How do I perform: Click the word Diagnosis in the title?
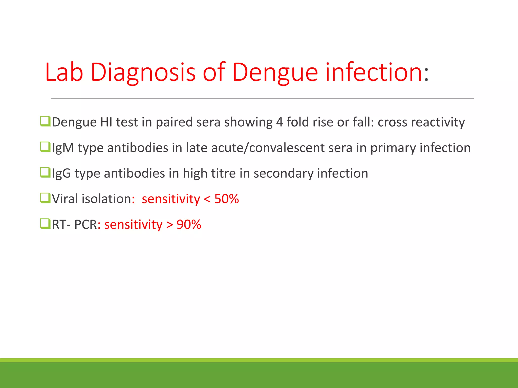pyautogui.click(x=143, y=72)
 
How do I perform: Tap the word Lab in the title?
pyautogui.click(x=64, y=72)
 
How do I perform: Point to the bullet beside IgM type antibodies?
pyautogui.click(x=45, y=147)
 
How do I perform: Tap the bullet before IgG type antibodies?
pyautogui.click(x=45, y=173)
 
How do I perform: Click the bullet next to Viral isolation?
pyautogui.click(x=45, y=198)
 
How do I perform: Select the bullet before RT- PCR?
pyautogui.click(x=45, y=224)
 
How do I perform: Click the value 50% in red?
pyautogui.click(x=226, y=199)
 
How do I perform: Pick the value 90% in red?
pyautogui.click(x=189, y=224)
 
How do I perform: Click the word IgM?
pyautogui.click(x=63, y=148)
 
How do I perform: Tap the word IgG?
pyautogui.click(x=61, y=174)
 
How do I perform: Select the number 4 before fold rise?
pyautogui.click(x=279, y=122)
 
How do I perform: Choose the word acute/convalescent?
pyautogui.click(x=268, y=148)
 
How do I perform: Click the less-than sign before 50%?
pyautogui.click(x=207, y=199)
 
